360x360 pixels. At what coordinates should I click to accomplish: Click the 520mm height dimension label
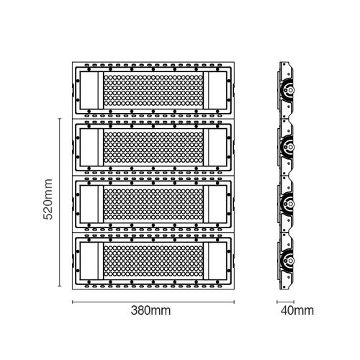(x=48, y=199)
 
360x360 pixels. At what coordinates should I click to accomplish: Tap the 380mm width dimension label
(x=150, y=310)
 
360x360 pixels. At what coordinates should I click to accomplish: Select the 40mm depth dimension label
(x=297, y=310)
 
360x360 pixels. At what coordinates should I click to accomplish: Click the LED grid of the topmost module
(x=153, y=90)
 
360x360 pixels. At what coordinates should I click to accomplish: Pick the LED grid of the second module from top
(x=153, y=147)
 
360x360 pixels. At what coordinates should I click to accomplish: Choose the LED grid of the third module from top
(x=153, y=204)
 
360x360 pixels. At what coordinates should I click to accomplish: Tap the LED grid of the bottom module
(x=153, y=261)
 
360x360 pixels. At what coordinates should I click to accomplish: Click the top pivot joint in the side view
(x=287, y=90)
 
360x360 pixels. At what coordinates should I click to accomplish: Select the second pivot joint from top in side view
(x=287, y=147)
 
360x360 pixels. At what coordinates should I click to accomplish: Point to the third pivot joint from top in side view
(x=287, y=204)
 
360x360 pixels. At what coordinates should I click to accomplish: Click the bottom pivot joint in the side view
(x=287, y=260)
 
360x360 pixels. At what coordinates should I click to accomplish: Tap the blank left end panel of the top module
(x=89, y=90)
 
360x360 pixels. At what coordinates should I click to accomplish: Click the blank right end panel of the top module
(x=217, y=90)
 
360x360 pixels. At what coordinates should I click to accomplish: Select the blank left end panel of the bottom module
(x=89, y=261)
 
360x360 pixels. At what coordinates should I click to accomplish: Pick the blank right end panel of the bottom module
(x=217, y=261)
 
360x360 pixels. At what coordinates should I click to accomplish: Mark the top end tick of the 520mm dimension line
(x=60, y=119)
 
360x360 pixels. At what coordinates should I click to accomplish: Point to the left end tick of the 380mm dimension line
(x=73, y=302)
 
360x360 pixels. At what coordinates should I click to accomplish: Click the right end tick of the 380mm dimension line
(x=234, y=302)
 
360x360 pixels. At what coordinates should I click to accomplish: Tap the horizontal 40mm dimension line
(x=285, y=302)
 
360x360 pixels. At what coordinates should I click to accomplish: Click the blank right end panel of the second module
(x=217, y=147)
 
